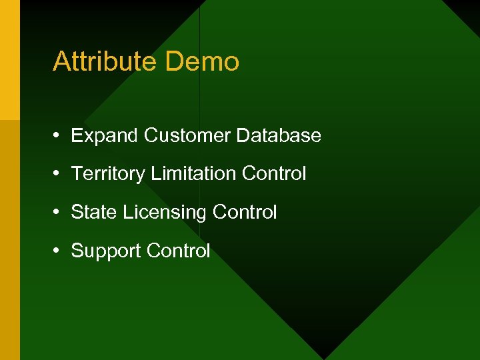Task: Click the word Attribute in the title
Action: click(x=105, y=61)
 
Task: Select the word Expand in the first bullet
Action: click(x=105, y=136)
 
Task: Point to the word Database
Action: click(x=279, y=136)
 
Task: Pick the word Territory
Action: click(x=108, y=174)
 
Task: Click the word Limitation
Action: click(x=193, y=174)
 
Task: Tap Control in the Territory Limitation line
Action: click(x=274, y=174)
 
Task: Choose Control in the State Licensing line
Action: click(x=245, y=213)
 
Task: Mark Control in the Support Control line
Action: click(x=178, y=251)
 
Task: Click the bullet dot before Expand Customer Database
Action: click(x=58, y=136)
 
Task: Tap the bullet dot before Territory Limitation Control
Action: click(x=58, y=174)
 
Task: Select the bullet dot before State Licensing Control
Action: click(x=58, y=213)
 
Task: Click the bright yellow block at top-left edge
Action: click(x=9, y=60)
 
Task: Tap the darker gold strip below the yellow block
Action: click(x=9, y=240)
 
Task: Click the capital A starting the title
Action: click(x=61, y=61)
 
